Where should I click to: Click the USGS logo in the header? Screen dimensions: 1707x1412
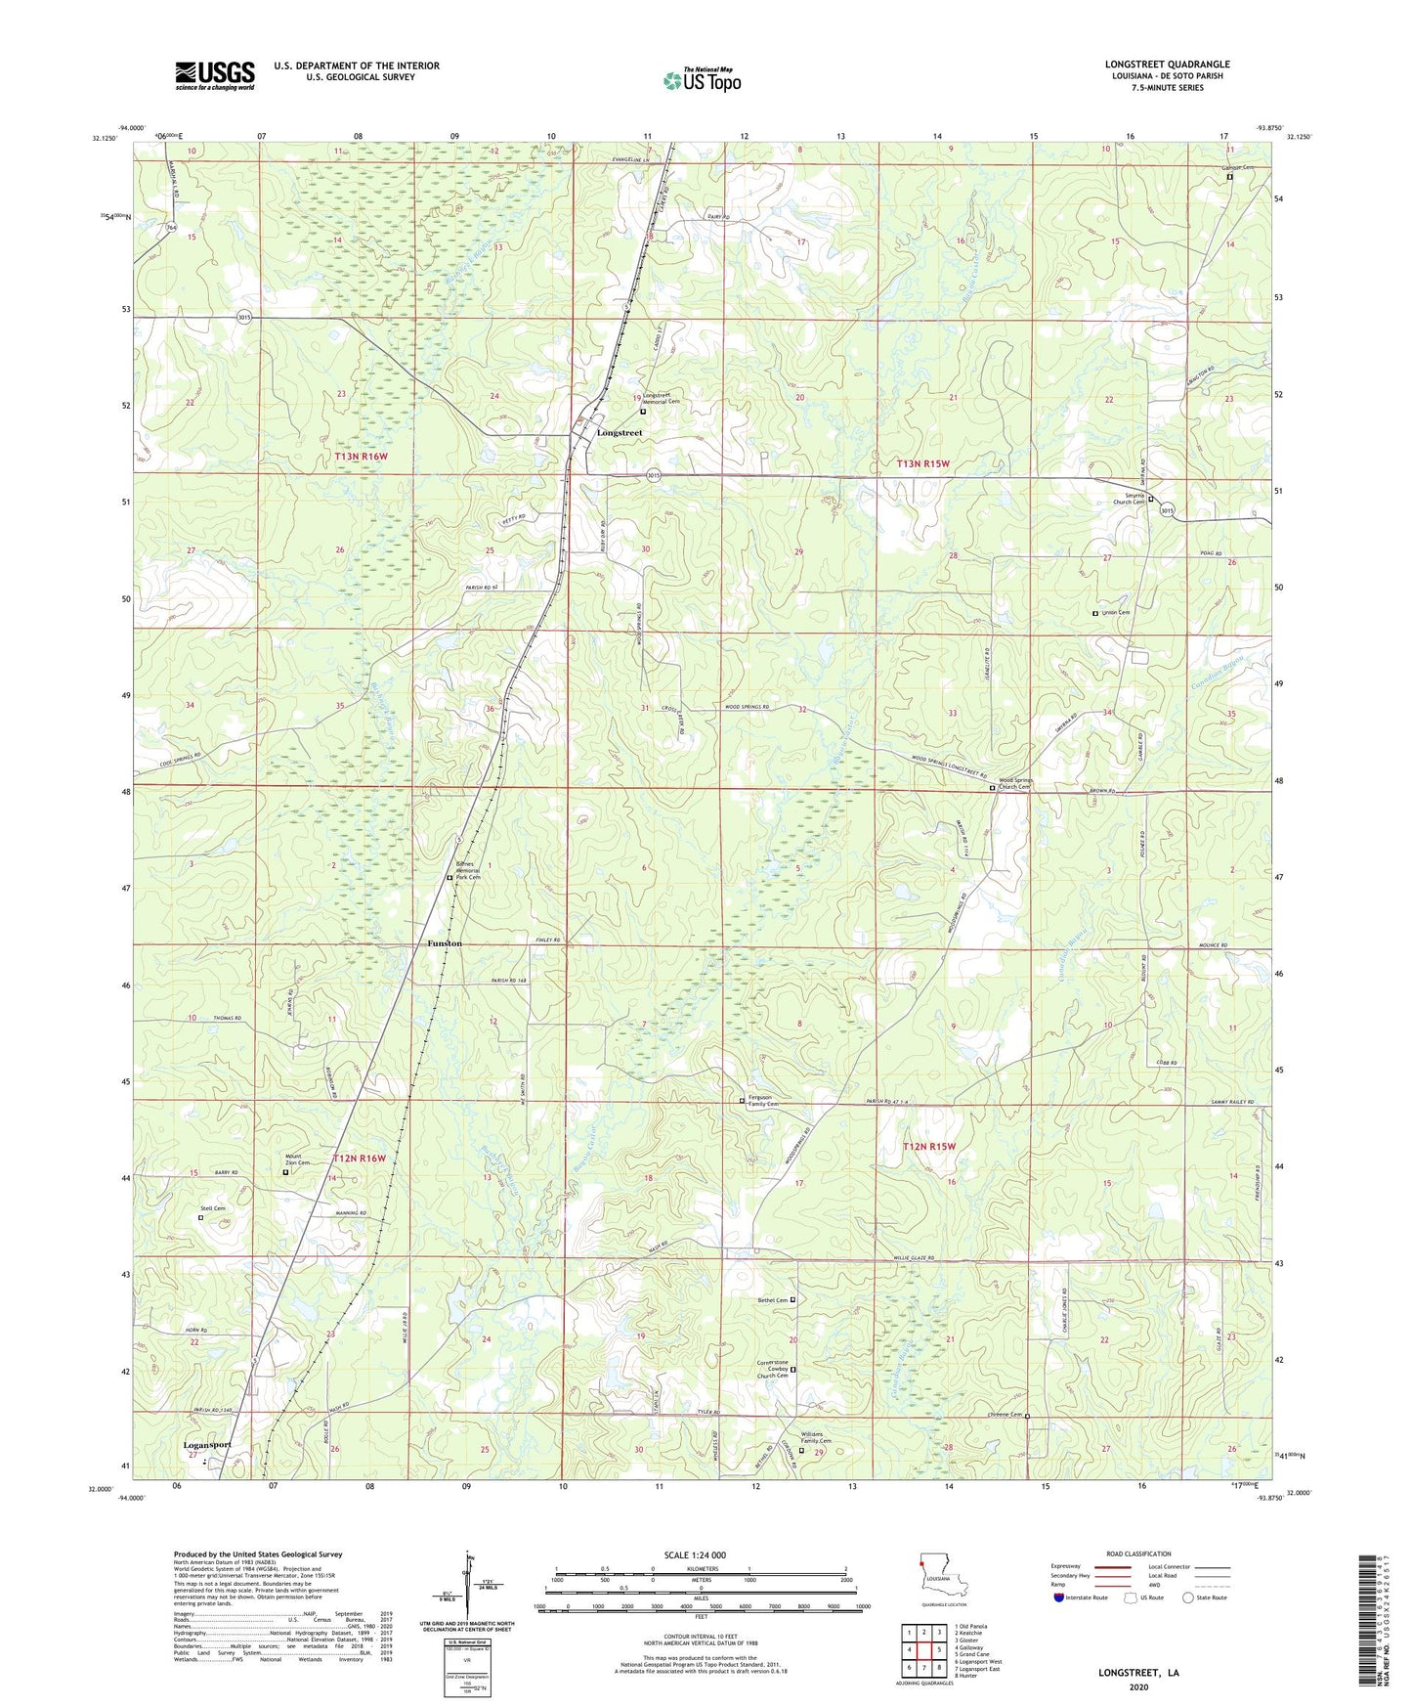coord(215,75)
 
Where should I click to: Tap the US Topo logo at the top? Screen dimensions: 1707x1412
coord(702,80)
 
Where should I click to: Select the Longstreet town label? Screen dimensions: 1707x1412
coord(620,432)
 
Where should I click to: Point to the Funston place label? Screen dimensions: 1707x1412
coord(445,943)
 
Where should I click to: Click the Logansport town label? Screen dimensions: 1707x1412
coord(207,1444)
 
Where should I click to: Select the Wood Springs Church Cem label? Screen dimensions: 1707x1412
coord(1014,783)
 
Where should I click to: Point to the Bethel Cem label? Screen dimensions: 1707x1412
coord(771,1300)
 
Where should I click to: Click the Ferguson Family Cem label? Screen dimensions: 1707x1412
coord(761,1101)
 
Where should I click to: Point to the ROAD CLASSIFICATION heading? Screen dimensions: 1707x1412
coord(1138,1554)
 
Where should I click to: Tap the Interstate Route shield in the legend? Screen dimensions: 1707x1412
coord(1060,1598)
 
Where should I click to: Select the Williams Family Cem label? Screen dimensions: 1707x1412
coord(818,1440)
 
